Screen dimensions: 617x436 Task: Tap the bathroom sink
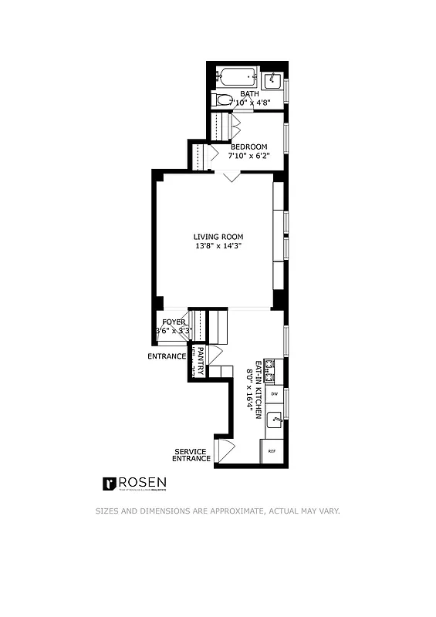(272, 80)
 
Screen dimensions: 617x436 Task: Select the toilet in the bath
(223, 99)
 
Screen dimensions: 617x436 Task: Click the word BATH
(248, 95)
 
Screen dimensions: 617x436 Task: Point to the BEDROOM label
(248, 147)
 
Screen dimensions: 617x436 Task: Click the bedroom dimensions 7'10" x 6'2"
(248, 155)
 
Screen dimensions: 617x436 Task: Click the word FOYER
(174, 322)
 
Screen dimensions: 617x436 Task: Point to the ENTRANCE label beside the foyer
(167, 356)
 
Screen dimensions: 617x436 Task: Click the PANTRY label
(200, 361)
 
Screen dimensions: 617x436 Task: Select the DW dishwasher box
(274, 394)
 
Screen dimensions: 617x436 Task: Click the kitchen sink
(274, 421)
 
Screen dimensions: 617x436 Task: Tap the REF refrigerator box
(272, 451)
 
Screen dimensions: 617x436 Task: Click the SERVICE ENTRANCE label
(191, 455)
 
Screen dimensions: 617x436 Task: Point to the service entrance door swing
(225, 449)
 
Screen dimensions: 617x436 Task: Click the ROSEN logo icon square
(110, 484)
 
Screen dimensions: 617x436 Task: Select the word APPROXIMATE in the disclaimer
(236, 511)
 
